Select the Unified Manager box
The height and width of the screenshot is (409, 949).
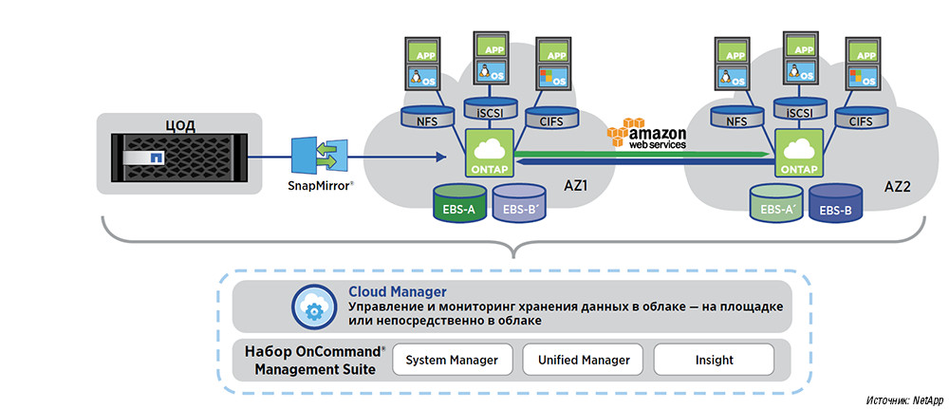(584, 360)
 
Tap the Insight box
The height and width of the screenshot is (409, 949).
(713, 360)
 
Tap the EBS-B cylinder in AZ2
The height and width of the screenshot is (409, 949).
(836, 205)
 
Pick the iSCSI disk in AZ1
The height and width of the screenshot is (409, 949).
(491, 111)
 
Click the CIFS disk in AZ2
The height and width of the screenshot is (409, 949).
(862, 120)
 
